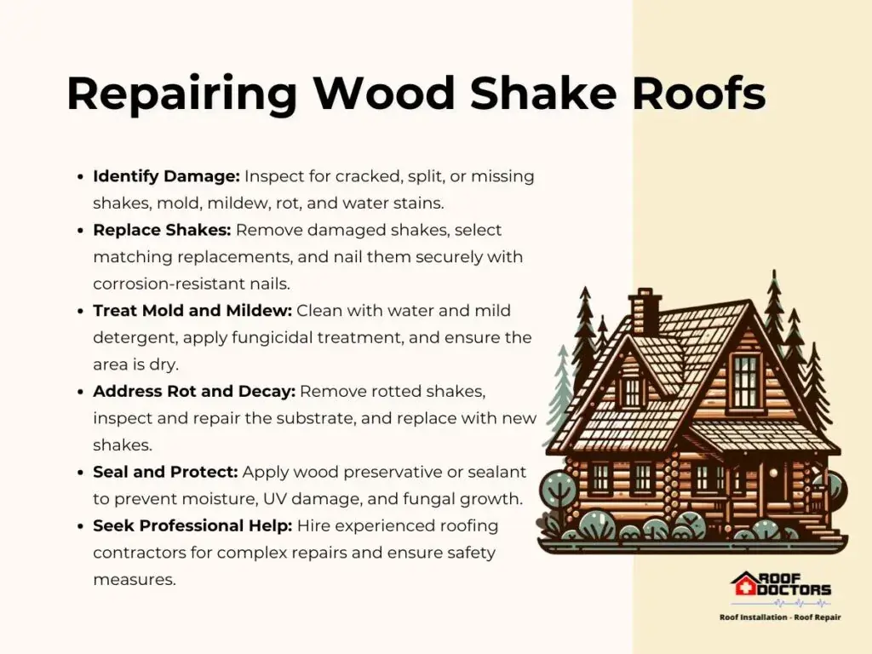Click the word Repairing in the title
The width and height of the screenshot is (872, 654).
[181, 94]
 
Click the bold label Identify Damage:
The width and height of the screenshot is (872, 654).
[166, 177]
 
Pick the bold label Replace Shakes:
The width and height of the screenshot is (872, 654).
[162, 230]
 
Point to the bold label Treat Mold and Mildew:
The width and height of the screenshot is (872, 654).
[192, 310]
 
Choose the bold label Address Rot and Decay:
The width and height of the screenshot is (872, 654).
[194, 392]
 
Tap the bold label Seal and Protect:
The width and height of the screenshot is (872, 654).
[165, 472]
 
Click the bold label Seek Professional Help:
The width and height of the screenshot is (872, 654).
[192, 526]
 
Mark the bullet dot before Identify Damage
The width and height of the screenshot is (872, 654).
[81, 177]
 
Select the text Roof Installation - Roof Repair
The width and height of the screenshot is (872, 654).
[780, 617]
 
